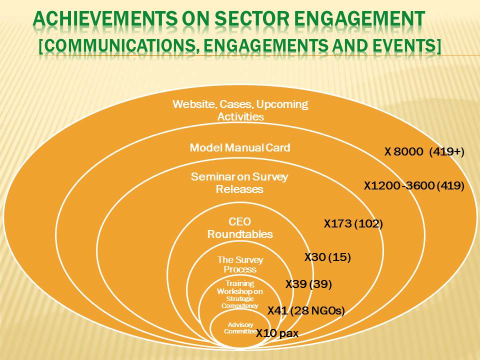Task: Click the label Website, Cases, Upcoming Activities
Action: pyautogui.click(x=240, y=110)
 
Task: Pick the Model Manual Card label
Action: pyautogui.click(x=239, y=148)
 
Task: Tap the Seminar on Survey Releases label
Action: pyautogui.click(x=239, y=183)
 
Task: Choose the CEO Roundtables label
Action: pyautogui.click(x=239, y=228)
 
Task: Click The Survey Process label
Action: pyautogui.click(x=240, y=264)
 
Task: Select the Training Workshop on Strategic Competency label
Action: pyautogui.click(x=239, y=294)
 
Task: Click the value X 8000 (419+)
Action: pyautogui.click(x=424, y=151)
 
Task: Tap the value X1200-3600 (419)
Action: pyautogui.click(x=414, y=185)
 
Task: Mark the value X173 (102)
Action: pyautogui.click(x=353, y=224)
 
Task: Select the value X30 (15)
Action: pyautogui.click(x=327, y=257)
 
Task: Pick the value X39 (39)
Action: pyautogui.click(x=308, y=284)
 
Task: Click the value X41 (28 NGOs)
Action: pyautogui.click(x=306, y=311)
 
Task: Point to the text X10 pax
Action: pyautogui.click(x=277, y=333)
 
